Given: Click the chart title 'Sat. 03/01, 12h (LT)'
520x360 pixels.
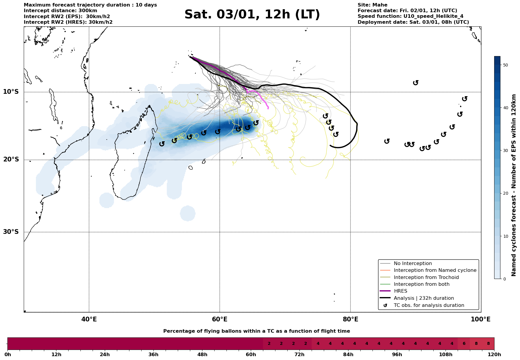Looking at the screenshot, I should pos(252,15).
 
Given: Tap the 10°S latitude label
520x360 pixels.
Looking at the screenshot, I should pos(11,92).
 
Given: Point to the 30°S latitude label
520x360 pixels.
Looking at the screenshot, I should pos(11,232).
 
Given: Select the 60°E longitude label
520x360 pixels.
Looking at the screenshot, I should pos(220,320).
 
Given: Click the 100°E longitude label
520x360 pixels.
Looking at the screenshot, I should pos(481,320).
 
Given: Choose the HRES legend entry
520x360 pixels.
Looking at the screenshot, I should pos(400,291).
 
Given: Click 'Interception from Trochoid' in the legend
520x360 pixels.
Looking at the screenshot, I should pos(426,277).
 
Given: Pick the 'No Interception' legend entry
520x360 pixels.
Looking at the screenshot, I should pos(413,264).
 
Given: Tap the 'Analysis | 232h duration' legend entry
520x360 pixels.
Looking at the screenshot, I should pos(424,298).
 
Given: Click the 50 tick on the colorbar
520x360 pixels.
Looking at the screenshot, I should pos(506,65).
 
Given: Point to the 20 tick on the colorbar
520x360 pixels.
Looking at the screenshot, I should pos(506,193).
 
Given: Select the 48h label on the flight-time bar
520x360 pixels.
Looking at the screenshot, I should pos(202,354).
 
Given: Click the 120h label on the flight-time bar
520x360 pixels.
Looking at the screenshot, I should pos(494,354).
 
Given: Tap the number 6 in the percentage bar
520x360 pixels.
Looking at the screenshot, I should pos(464,344).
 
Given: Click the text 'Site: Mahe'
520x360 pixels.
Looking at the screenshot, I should pos(372,5).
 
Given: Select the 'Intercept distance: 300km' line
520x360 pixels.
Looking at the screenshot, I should pos(60,11).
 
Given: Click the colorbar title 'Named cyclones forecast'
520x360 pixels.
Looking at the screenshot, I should pos(514,185).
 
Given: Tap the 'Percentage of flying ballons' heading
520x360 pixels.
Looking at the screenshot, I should pos(256,331).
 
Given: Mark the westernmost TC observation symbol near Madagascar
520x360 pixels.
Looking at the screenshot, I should pos(162,144).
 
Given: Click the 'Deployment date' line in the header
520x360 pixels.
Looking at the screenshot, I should pos(413,22).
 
